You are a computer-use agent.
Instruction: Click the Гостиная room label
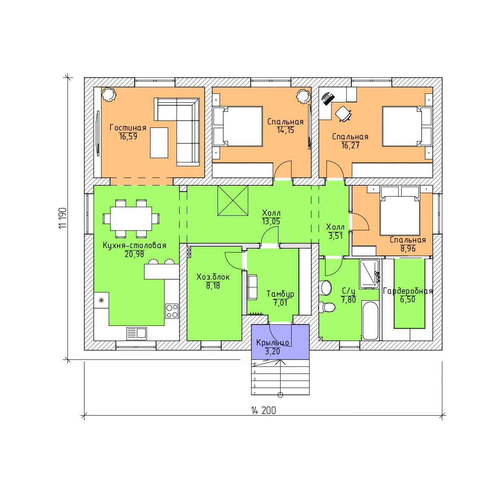pos(128,127)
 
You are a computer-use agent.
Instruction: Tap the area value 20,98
pos(134,254)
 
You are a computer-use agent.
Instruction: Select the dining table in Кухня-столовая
pos(131,219)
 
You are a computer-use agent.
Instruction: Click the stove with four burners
pos(172,311)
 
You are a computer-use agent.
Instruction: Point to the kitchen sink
pos(136,333)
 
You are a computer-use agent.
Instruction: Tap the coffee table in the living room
pos(159,143)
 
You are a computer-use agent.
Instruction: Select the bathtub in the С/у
pos(370,320)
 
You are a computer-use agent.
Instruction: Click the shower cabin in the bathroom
pos(369,274)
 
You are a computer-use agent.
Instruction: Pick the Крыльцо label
pos(272,343)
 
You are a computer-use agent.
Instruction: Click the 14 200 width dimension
pos(264,411)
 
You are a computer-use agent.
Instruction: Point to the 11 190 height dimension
pos(63,218)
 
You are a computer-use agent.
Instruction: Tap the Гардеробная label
pos(408,291)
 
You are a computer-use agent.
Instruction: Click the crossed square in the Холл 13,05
pos(233,200)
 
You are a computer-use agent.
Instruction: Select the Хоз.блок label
pos(213,277)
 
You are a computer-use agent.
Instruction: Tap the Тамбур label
pos(280,294)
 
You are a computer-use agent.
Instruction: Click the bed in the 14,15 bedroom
pos(238,127)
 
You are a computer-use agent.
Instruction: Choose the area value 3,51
pos(335,236)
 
